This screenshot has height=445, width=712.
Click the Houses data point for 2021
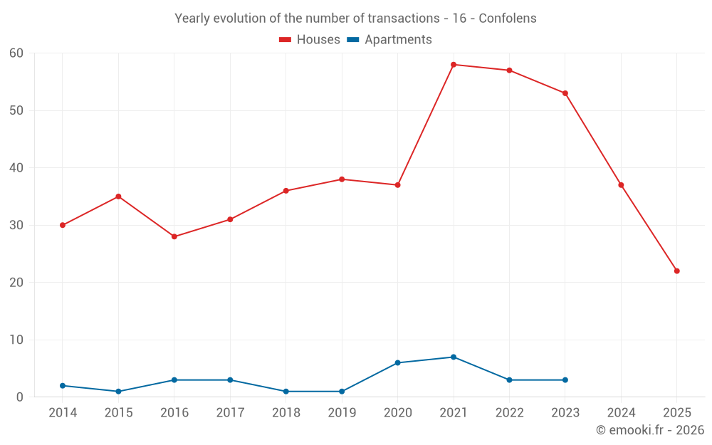(454, 65)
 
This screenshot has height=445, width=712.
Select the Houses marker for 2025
(677, 271)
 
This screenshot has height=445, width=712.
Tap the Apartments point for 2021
(454, 357)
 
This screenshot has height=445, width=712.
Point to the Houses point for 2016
(174, 236)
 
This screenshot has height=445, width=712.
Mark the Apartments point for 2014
(63, 386)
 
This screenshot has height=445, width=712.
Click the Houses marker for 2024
(621, 185)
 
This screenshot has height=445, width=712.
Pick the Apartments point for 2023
(565, 380)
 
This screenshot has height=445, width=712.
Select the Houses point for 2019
(342, 179)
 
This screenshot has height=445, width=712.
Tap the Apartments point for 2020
(398, 363)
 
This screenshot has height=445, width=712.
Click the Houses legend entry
(310, 40)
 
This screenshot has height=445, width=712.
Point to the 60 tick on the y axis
(16, 53)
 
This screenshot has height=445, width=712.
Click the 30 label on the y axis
(16, 226)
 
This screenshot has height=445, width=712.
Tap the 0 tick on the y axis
(20, 397)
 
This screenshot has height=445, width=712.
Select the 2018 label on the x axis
(286, 413)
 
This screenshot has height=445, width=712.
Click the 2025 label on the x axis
(677, 413)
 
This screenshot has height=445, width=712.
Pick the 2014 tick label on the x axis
(63, 413)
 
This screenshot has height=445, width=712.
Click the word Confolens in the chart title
(508, 19)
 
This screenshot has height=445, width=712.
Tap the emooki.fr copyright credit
(650, 430)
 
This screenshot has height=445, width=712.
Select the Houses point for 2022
(509, 70)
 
